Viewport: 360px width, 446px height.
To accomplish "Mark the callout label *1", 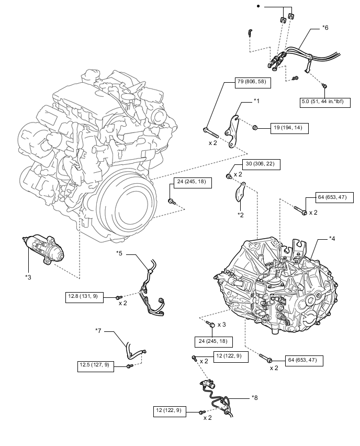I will [x=257, y=101].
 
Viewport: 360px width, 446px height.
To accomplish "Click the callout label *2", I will [x=240, y=215].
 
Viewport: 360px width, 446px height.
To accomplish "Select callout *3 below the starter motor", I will [x=28, y=276].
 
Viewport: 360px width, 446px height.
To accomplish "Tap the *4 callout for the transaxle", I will [x=332, y=239].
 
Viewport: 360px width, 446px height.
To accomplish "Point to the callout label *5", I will [x=119, y=253].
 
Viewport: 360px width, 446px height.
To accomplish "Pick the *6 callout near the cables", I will [x=325, y=27].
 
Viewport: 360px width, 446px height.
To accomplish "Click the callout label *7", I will [x=98, y=330].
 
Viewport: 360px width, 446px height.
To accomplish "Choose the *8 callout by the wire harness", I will [x=254, y=398].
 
